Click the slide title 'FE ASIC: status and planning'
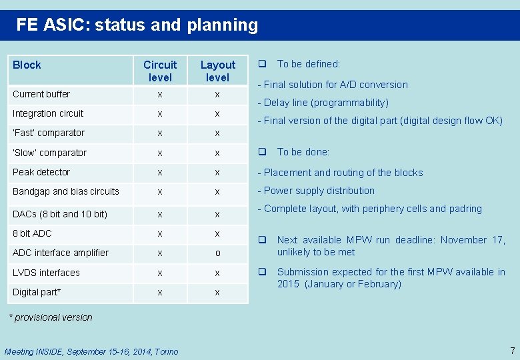(137, 25)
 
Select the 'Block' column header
(27, 65)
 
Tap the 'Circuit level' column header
(160, 71)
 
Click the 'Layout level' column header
(217, 71)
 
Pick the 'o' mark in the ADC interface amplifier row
(217, 254)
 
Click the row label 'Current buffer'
(41, 94)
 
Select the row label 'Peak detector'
(41, 172)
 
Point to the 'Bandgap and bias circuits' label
(66, 191)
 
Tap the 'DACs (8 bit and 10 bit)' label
(60, 214)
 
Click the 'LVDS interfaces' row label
(46, 273)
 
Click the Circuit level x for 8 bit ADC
(160, 234)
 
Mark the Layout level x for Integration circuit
(217, 114)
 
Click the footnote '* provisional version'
(50, 317)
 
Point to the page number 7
(512, 351)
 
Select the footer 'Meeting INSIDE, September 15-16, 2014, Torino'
(91, 351)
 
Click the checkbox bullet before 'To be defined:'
(263, 64)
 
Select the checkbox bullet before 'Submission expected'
(263, 271)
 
